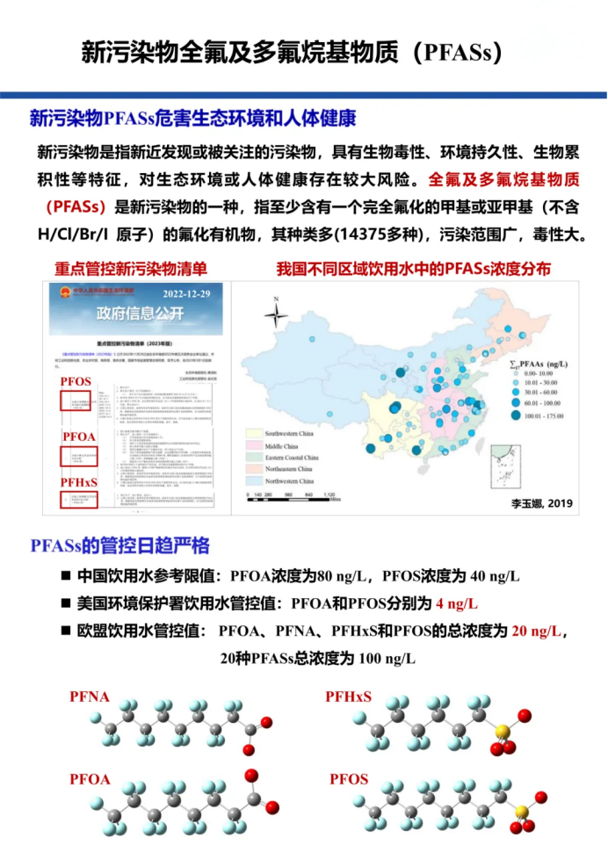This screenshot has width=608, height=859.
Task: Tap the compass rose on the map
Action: point(276,313)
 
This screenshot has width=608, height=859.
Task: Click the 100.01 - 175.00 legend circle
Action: point(516,415)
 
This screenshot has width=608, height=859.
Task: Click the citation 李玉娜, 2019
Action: point(540,502)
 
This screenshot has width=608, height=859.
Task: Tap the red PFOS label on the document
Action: point(75,382)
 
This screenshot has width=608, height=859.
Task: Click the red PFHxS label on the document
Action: point(78,482)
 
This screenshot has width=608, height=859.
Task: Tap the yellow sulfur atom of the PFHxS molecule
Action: point(502,731)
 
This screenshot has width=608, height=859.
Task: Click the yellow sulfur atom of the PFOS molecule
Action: point(520,812)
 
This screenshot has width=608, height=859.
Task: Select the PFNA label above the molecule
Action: point(90,697)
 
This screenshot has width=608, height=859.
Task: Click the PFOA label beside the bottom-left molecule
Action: point(90,779)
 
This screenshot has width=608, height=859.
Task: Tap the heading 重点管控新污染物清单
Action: point(131,269)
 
